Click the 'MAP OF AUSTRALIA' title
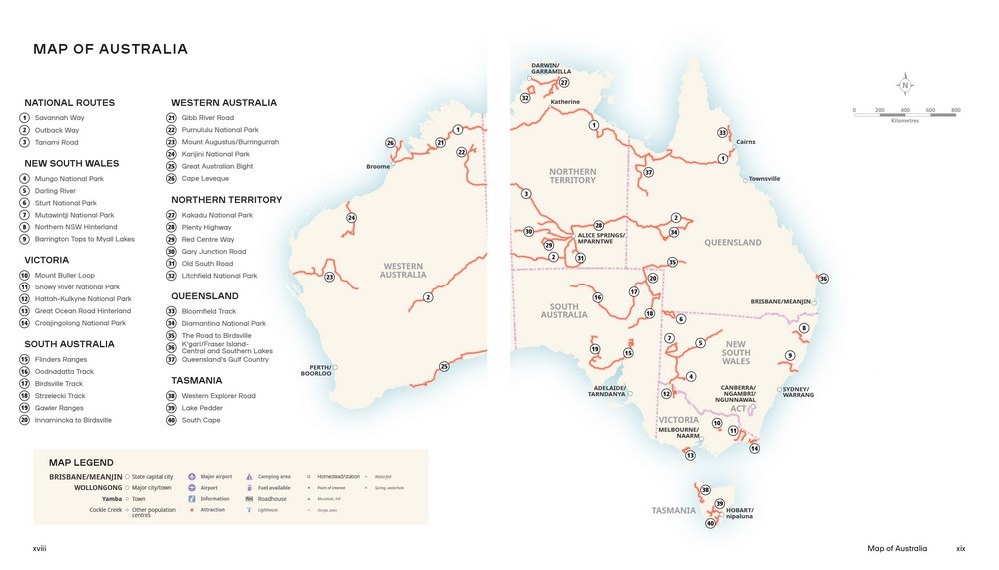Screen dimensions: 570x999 click(x=110, y=49)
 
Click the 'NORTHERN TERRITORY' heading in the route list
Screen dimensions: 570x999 click(x=226, y=200)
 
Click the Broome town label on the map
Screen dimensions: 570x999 click(x=377, y=166)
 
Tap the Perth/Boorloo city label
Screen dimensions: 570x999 click(x=316, y=371)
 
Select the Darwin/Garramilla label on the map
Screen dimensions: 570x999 click(x=551, y=68)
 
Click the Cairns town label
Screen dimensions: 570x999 click(x=745, y=142)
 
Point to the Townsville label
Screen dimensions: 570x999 click(x=764, y=179)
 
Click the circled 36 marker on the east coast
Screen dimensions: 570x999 click(x=823, y=279)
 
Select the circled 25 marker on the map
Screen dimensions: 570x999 click(x=444, y=367)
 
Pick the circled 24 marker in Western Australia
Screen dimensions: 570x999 click(x=351, y=218)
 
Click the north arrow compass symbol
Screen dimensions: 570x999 click(x=906, y=84)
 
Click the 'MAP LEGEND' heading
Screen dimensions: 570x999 click(x=81, y=463)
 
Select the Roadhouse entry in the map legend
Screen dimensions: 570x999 click(x=271, y=499)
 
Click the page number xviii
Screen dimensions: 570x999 click(x=40, y=548)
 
